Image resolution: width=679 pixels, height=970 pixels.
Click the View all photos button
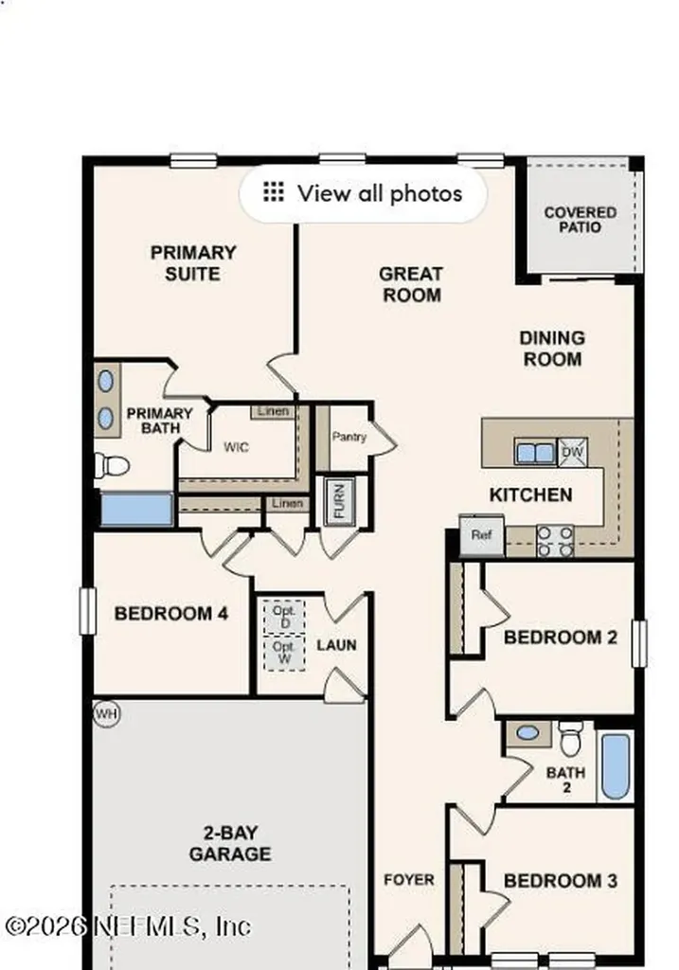point(363,194)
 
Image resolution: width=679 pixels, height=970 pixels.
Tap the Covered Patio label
point(580,220)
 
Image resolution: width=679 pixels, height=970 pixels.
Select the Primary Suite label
point(193,263)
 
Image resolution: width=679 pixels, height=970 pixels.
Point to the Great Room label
point(411,284)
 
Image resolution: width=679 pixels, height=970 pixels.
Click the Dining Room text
point(552,348)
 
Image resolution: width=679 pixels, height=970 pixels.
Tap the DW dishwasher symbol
point(571,452)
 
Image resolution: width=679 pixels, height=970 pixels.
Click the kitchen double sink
point(535,452)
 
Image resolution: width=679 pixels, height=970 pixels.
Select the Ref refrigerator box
point(481,534)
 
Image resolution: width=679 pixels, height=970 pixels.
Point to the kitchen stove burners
point(556,540)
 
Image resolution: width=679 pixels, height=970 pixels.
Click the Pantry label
point(348,437)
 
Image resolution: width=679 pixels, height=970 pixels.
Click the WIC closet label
point(236,446)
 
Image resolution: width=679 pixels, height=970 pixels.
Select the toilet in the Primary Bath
point(112,465)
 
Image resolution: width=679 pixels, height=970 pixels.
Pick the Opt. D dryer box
point(284,617)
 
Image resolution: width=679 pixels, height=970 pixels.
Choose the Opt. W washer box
point(284,652)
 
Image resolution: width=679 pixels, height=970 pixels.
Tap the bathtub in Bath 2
point(616,765)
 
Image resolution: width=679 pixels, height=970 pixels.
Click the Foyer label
point(409,880)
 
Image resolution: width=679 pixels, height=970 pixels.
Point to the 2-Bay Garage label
point(230,844)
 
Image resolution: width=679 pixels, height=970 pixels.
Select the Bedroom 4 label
point(170,614)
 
